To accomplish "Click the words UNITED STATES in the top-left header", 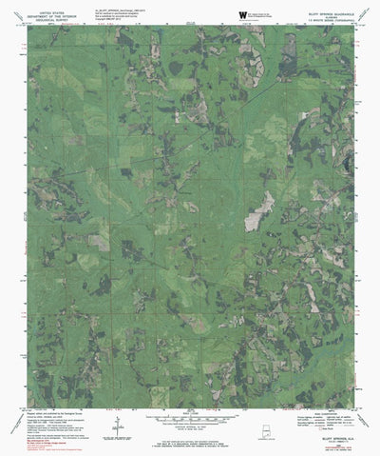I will (49, 5).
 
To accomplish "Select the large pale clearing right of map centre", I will (258, 212).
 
